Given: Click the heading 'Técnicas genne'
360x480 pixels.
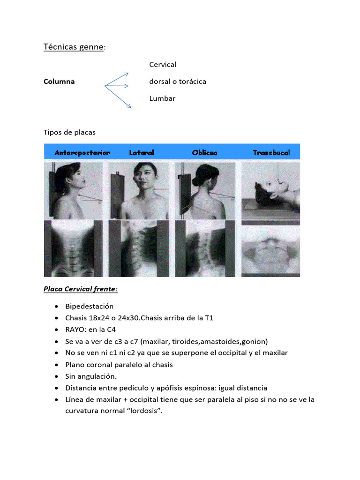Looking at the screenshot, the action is [x=74, y=47].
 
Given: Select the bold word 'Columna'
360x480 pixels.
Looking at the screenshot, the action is [x=59, y=82].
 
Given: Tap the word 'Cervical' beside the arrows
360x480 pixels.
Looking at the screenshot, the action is [x=163, y=65].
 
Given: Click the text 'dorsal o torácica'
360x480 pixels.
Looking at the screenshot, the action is [x=178, y=82].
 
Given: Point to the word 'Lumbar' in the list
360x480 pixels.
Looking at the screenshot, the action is [x=162, y=98].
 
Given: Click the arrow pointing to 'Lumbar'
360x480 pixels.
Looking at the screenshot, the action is [x=118, y=97].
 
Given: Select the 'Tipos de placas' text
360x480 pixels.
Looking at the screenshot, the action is [x=69, y=132].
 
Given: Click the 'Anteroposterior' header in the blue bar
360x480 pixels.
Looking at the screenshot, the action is [x=82, y=153].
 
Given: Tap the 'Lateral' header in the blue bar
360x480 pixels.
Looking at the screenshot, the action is [x=142, y=152].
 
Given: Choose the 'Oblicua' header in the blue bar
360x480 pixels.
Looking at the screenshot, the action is [x=204, y=152].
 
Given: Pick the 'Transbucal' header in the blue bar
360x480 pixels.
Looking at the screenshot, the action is [x=271, y=152].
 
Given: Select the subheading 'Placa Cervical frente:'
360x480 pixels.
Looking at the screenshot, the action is [x=81, y=289].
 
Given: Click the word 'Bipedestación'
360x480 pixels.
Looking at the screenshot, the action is [x=90, y=307].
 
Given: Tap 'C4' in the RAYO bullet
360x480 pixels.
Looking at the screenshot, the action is [x=112, y=330].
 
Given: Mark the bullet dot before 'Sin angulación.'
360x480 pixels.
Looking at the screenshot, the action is [x=56, y=376].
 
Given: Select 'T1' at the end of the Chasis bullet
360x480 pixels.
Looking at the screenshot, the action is [x=209, y=318].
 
